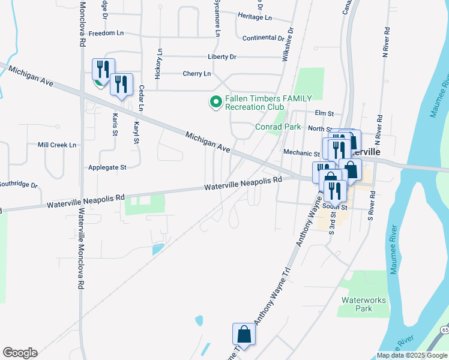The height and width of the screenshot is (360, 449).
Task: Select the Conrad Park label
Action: coord(278,127)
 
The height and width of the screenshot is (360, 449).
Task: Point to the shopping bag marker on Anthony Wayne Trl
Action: coord(244,334)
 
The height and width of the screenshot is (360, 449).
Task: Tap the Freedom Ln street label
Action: coord(106,34)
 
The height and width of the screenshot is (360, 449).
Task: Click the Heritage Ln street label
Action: coord(255,17)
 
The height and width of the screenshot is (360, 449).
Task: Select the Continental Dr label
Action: coord(263,38)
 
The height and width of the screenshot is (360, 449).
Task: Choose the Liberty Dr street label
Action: coord(222,56)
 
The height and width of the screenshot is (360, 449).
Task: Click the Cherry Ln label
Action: coord(197,74)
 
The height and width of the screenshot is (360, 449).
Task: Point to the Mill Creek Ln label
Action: coord(57,145)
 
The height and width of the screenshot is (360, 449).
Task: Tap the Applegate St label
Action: coord(107,167)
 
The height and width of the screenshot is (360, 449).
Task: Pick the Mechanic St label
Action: coord(302,153)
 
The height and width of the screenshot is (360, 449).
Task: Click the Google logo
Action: coord(20,353)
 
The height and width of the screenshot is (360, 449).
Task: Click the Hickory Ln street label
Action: coord(159,64)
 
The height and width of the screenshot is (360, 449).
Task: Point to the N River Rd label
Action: coord(387,42)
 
